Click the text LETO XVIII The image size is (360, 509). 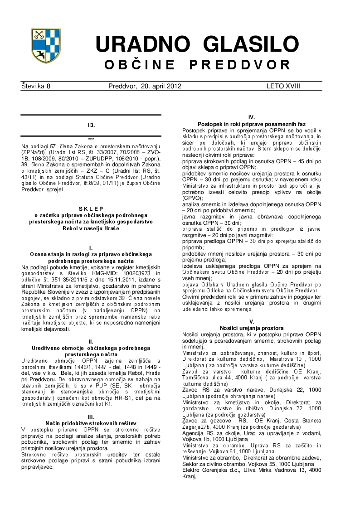tap(283, 87)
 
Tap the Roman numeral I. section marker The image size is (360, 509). tap(91, 248)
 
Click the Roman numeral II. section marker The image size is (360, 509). tap(91, 342)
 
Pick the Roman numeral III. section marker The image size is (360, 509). tap(91, 417)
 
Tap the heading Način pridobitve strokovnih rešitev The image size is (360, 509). tap(91, 423)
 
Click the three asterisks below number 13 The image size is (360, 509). tap(91, 139)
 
